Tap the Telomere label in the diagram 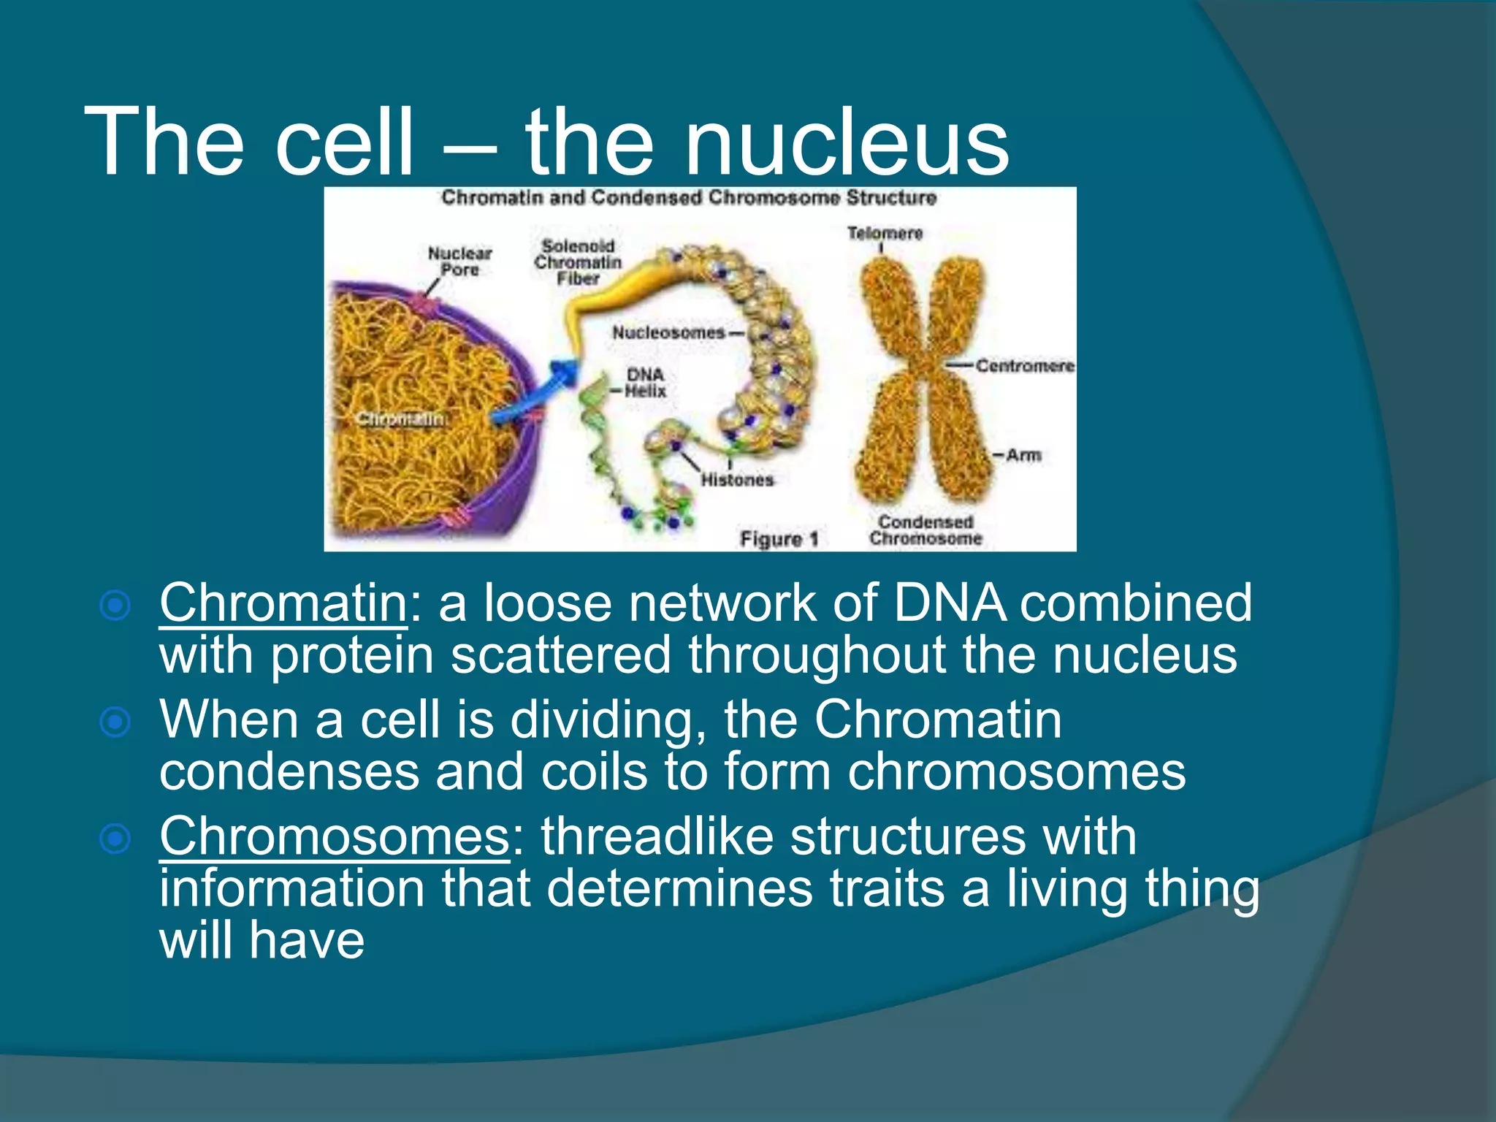(x=885, y=233)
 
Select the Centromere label (x=1024, y=365)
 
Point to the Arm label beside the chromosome (x=1023, y=455)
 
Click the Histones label (x=736, y=480)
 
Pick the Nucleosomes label (x=668, y=333)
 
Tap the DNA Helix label (x=645, y=383)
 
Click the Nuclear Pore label (x=459, y=262)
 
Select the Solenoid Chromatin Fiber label (x=578, y=262)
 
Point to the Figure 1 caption (x=779, y=539)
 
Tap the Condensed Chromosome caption (x=925, y=530)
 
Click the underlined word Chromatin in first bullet (x=283, y=603)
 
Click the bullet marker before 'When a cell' (x=115, y=722)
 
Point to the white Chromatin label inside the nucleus (x=400, y=419)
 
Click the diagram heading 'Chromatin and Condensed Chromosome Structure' (x=688, y=198)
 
